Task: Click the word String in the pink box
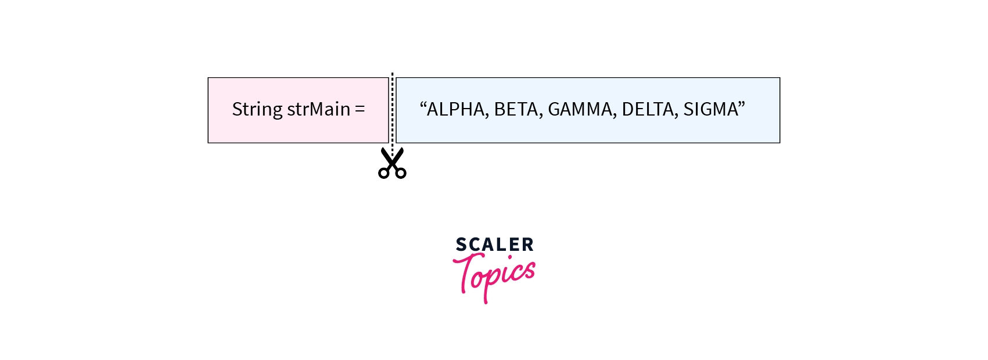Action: tap(257, 110)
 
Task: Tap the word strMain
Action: tap(318, 109)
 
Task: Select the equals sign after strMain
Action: tap(360, 109)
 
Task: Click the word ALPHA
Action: tap(455, 109)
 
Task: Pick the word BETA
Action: tap(516, 109)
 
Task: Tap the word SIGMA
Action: tap(710, 109)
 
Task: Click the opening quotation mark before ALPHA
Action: tap(423, 105)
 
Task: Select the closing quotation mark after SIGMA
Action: tap(742, 105)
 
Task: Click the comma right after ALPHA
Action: tap(487, 116)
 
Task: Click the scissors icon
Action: tap(392, 163)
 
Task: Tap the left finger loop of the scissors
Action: tap(384, 173)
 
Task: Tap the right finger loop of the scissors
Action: tap(401, 173)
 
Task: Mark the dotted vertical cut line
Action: tap(392, 113)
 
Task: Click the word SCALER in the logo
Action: tap(494, 244)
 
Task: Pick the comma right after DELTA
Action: tap(676, 116)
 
